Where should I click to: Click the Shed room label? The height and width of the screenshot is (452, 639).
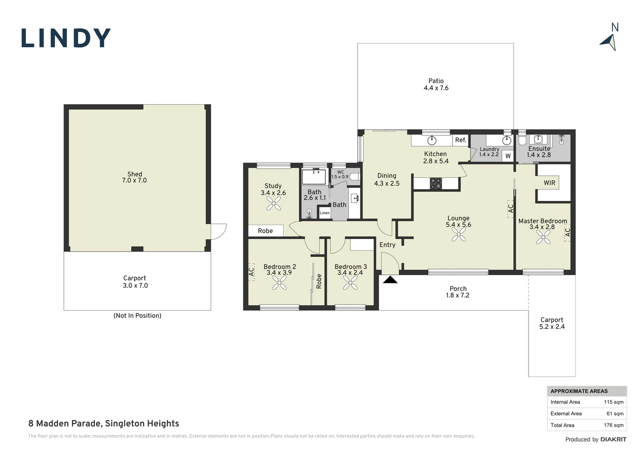(x=134, y=177)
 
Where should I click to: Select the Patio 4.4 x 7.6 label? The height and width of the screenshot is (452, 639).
(x=436, y=85)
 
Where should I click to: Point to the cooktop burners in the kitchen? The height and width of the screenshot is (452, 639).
(x=436, y=183)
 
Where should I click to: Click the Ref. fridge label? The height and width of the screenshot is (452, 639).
(x=461, y=140)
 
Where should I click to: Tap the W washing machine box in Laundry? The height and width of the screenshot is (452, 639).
(x=508, y=156)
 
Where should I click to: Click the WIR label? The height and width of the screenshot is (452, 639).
(x=550, y=183)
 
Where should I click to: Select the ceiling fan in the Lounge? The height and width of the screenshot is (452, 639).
(x=459, y=235)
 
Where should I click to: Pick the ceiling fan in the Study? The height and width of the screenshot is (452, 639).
(x=273, y=203)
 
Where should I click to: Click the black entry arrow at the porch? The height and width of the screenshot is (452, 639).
(x=390, y=280)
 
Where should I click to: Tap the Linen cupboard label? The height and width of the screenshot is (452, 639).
(x=325, y=213)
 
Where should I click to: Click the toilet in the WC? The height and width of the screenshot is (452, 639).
(x=355, y=177)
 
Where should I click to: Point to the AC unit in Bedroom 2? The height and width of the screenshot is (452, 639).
(x=251, y=272)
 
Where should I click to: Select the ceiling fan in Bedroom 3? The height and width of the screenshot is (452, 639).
(x=350, y=282)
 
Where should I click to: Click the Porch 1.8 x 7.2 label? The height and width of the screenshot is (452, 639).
(x=458, y=292)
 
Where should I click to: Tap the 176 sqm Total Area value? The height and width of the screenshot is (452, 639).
(x=613, y=425)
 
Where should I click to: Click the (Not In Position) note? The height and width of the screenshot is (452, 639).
(x=137, y=316)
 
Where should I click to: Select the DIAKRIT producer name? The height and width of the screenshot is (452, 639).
(x=613, y=439)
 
